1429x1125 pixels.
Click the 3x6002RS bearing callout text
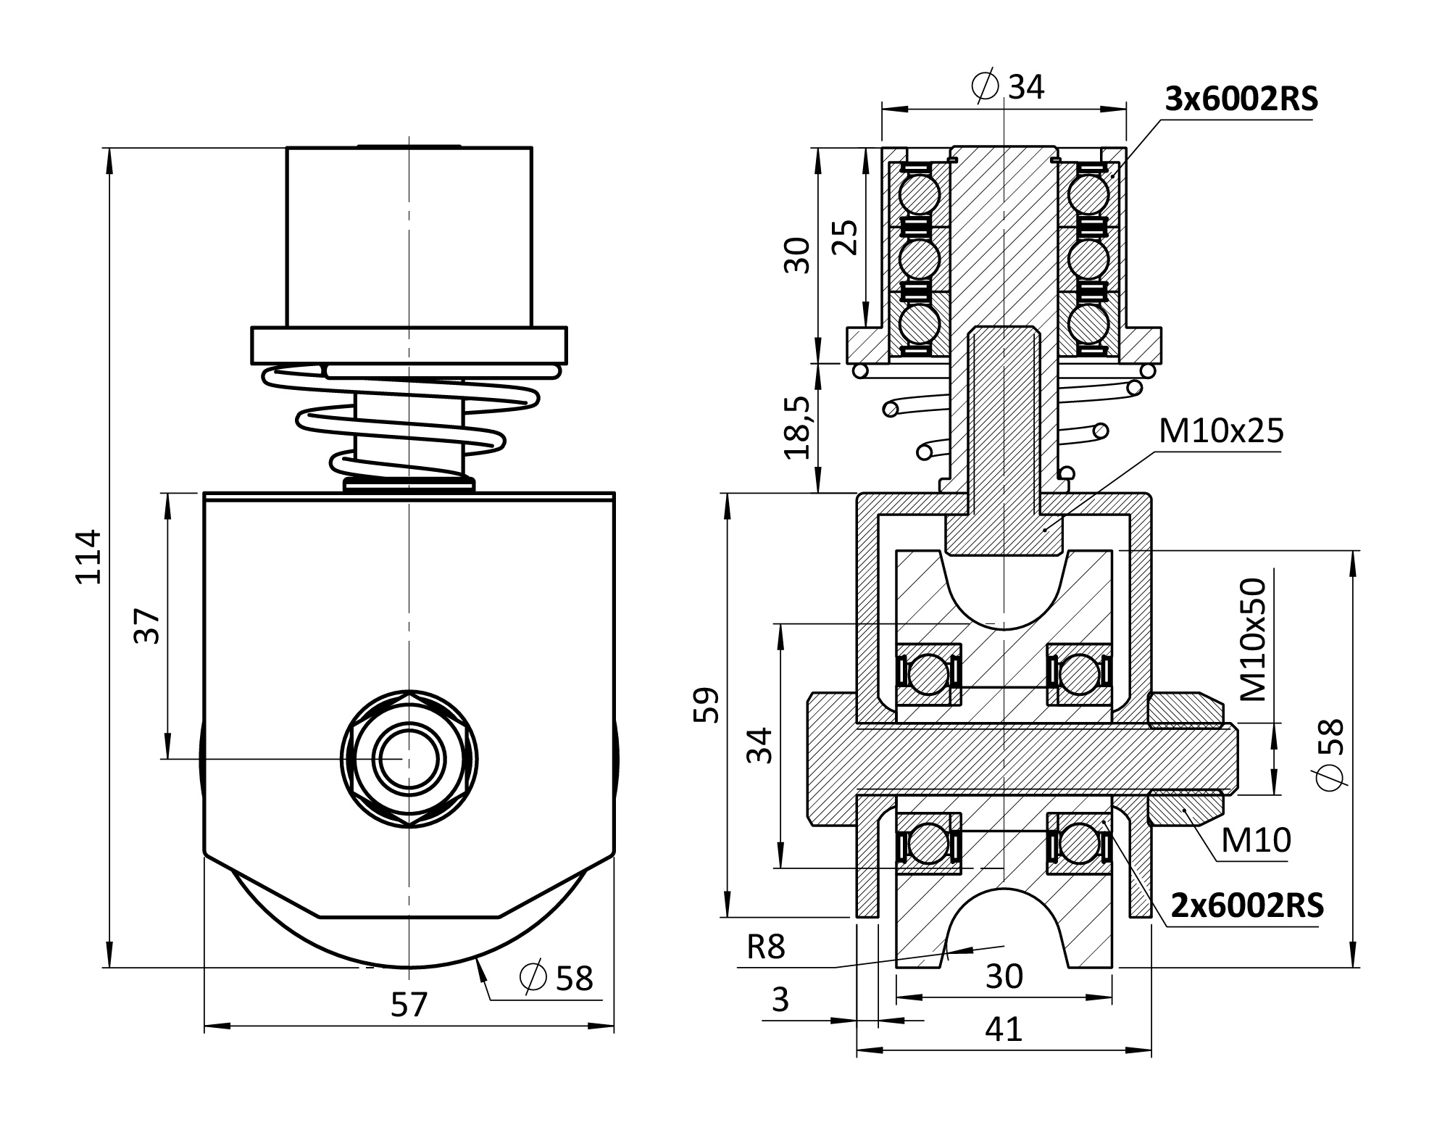(1241, 99)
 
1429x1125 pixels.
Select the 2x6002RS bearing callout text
(1247, 905)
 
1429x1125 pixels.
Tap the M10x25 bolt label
(1221, 431)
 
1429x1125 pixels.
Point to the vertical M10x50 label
(1253, 639)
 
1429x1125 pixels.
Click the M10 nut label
(1256, 840)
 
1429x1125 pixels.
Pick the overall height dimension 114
(90, 557)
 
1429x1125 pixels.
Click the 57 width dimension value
(409, 1005)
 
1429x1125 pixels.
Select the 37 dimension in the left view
(147, 626)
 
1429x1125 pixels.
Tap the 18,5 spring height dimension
(796, 428)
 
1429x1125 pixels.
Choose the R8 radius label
(766, 947)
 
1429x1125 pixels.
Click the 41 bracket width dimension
(1004, 1029)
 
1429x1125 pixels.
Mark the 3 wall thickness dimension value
(780, 1000)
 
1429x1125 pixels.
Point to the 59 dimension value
(706, 705)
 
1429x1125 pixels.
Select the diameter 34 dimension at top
(1008, 87)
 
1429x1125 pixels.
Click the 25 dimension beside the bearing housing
(844, 236)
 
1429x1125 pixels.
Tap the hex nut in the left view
(409, 759)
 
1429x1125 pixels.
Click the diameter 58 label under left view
(557, 978)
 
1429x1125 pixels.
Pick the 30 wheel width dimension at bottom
(1004, 976)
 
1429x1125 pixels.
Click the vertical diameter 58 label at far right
(1331, 752)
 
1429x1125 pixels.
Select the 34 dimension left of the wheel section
(759, 745)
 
